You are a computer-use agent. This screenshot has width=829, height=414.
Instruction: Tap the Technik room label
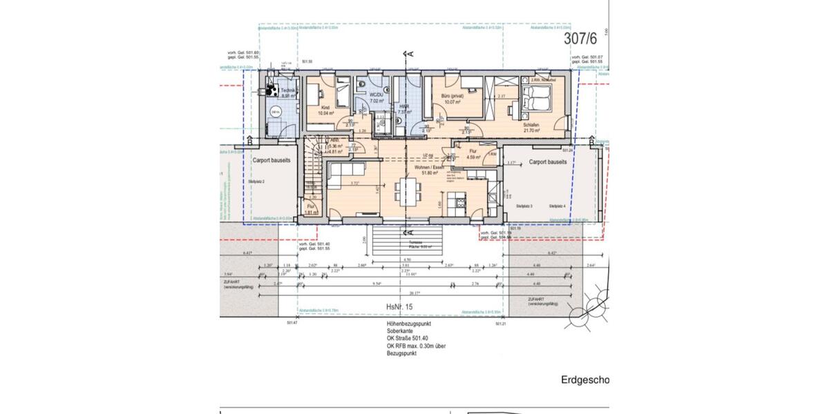(x=287, y=91)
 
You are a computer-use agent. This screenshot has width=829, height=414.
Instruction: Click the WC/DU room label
(x=377, y=96)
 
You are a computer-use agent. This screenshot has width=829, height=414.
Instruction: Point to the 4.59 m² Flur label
(x=473, y=153)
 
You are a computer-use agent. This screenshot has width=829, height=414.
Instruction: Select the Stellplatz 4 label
(x=558, y=206)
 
